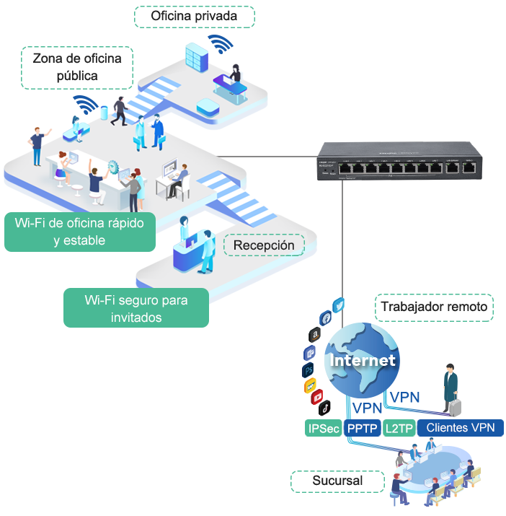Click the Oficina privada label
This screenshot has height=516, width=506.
tap(194, 16)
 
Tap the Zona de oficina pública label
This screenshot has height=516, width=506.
tap(77, 66)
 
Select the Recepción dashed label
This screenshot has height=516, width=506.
tap(264, 245)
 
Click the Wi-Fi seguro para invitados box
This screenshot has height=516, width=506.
tap(136, 308)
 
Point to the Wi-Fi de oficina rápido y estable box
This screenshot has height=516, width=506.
tap(79, 232)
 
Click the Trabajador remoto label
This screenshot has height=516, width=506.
tap(434, 307)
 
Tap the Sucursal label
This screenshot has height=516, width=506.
tap(337, 481)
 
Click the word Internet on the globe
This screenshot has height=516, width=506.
tap(363, 359)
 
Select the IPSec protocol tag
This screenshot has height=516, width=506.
tap(323, 428)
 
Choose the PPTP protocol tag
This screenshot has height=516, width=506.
tap(363, 428)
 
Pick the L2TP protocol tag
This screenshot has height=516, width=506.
tap(399, 428)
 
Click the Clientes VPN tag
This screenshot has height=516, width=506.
tap(460, 428)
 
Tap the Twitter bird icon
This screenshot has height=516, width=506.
tap(339, 305)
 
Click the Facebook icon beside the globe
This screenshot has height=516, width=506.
tap(325, 318)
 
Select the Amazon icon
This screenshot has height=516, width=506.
tap(314, 335)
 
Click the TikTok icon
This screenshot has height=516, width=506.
tap(324, 408)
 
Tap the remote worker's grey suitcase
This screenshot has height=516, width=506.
tap(455, 407)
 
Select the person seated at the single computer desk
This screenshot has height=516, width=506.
tap(182, 177)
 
